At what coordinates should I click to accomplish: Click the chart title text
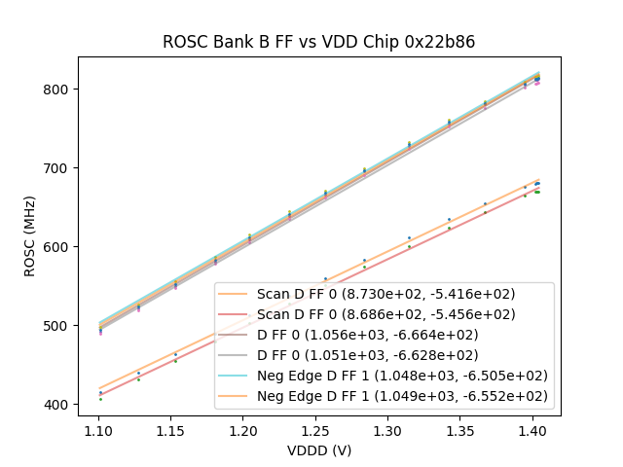tap(318, 42)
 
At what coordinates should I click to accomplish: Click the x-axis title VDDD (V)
tap(318, 450)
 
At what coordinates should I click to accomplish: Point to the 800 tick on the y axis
tap(59, 90)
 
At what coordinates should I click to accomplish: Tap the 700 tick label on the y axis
tap(59, 168)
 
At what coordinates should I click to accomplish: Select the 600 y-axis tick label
tap(59, 247)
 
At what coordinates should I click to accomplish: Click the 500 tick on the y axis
tap(59, 326)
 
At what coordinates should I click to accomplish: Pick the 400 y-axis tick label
tap(59, 405)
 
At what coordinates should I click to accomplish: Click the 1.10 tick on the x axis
tap(98, 429)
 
